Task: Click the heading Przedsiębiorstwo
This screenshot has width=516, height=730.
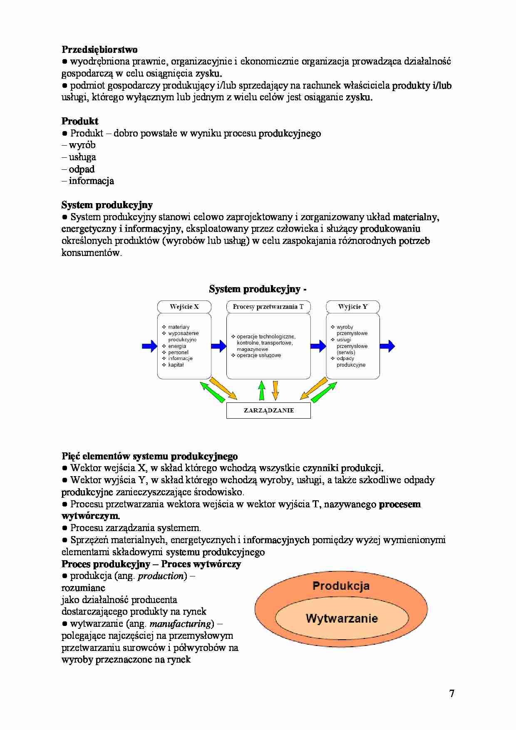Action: point(99,50)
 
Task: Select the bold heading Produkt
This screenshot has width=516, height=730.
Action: point(80,121)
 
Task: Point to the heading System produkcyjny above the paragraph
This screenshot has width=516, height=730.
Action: point(107,205)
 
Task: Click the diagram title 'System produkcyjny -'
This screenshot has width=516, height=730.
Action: point(258,289)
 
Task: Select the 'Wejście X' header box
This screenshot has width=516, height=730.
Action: point(184,307)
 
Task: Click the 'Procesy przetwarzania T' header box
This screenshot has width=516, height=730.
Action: point(268,307)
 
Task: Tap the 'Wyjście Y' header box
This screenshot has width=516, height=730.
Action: point(353,307)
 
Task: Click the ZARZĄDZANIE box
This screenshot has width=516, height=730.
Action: point(268,410)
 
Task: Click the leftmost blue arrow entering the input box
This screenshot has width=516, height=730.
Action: point(149,346)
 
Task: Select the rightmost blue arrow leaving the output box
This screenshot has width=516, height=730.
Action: point(387,346)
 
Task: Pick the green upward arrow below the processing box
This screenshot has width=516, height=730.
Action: point(261,390)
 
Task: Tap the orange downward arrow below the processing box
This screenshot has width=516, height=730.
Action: point(275,390)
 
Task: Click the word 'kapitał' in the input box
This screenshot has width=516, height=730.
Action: point(176,365)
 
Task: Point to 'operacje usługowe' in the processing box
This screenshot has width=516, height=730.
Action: point(259,355)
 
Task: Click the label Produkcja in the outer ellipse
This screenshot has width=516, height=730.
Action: point(341,586)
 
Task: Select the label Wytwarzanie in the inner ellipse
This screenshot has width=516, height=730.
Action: point(342,618)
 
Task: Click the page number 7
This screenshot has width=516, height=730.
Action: point(451,693)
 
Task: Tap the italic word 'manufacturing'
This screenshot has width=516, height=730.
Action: point(181,624)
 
